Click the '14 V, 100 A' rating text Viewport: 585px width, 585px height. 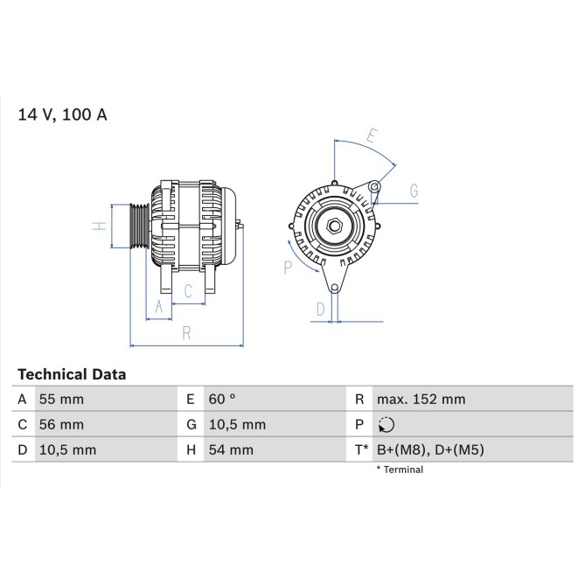pos(63,115)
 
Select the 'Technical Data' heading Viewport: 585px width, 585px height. pos(72,374)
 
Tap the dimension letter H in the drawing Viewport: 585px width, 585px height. pos(100,226)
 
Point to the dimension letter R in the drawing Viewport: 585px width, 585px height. pos(186,332)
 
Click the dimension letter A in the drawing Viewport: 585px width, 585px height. pos(158,306)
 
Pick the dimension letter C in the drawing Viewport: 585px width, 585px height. pos(188,291)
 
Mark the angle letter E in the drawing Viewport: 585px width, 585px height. pos(371,136)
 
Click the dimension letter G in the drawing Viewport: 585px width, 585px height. pos(414,191)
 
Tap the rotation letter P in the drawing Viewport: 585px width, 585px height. pos(288,268)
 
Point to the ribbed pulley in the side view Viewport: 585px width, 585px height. pos(140,226)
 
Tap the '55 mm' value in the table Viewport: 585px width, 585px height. pos(61,400)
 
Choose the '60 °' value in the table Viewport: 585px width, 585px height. pos(222,400)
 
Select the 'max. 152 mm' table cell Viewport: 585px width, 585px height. pos(421,400)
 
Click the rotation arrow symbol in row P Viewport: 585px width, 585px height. pos(387,425)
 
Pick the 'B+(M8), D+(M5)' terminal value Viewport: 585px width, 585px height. pos(429,450)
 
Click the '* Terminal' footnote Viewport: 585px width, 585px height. pos(400,470)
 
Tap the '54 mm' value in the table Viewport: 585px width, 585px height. pos(230,450)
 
